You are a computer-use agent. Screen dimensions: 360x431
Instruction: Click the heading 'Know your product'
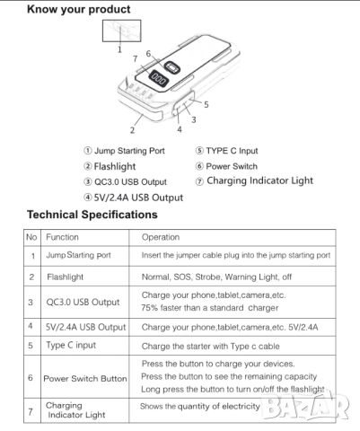click(78, 10)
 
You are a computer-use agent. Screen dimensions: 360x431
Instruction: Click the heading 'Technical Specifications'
click(92, 215)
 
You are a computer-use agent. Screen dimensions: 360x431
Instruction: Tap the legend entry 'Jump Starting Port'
click(123, 151)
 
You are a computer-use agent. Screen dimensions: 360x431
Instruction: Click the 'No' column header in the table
click(32, 237)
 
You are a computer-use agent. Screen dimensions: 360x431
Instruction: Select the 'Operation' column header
click(162, 237)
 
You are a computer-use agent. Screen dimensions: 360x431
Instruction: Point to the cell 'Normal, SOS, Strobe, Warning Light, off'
click(218, 277)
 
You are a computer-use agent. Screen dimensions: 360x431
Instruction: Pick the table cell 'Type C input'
click(71, 344)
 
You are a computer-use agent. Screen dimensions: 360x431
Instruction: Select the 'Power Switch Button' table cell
click(85, 378)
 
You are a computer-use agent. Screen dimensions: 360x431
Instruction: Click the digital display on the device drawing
click(158, 79)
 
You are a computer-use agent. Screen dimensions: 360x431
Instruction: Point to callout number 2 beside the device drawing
click(133, 130)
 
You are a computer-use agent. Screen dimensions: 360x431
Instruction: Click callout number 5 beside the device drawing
click(206, 104)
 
